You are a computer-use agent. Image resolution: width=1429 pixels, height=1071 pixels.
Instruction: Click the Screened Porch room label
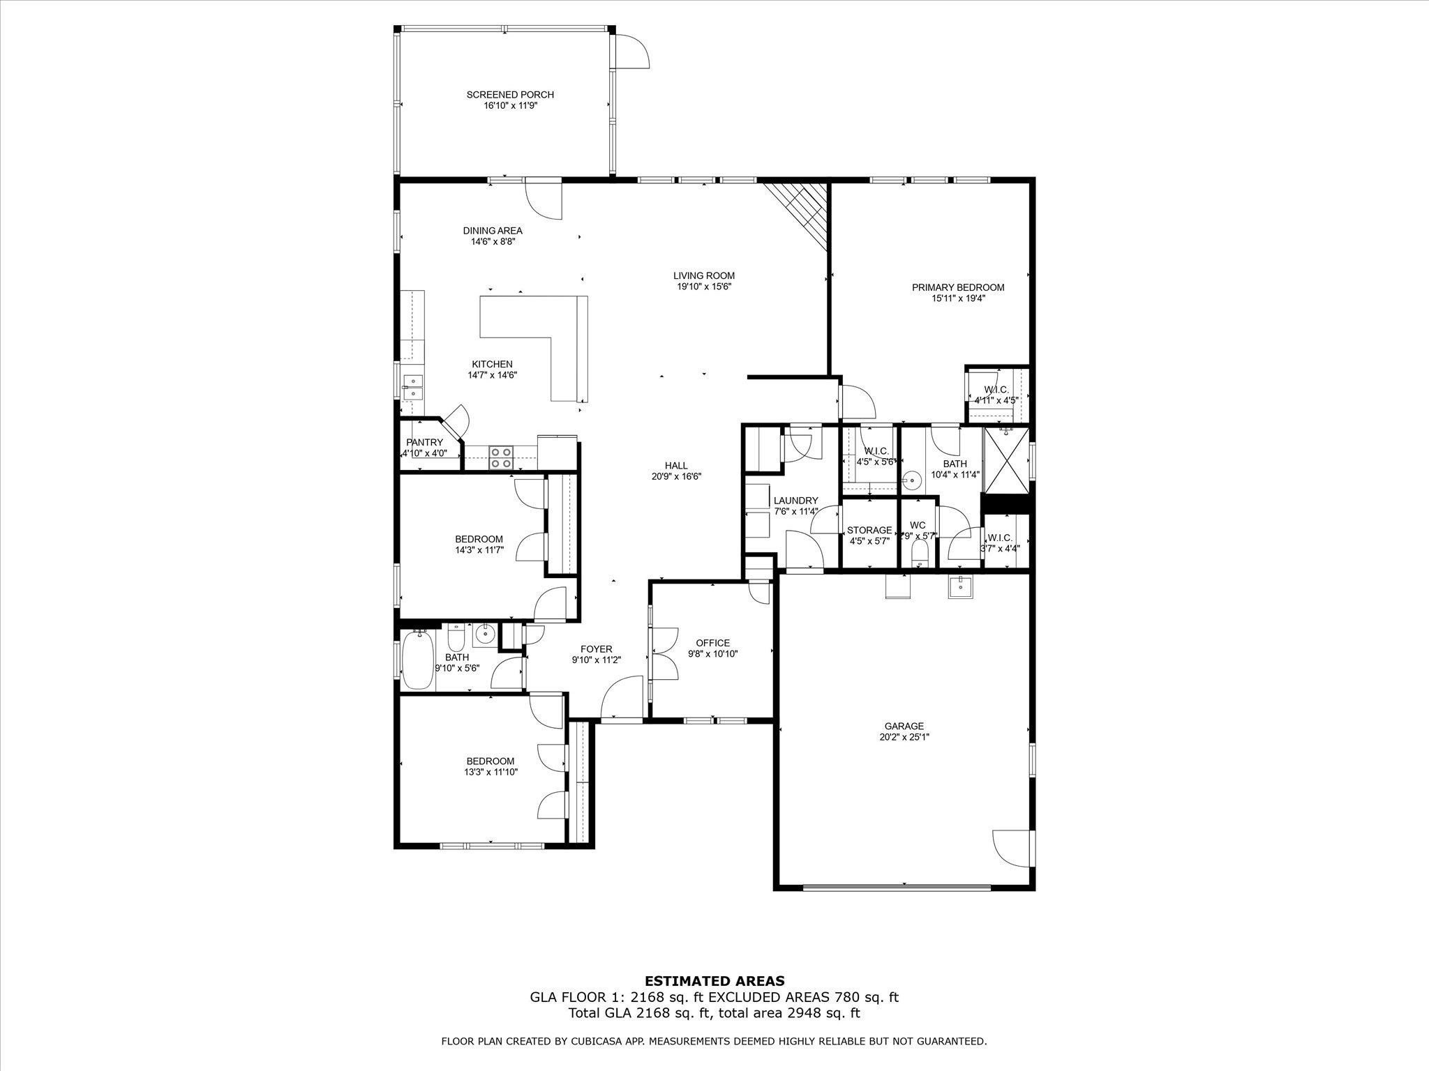pos(510,95)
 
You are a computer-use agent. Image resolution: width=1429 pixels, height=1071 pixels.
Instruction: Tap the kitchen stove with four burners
pos(501,457)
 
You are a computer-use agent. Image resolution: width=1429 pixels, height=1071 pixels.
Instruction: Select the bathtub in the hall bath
pos(417,660)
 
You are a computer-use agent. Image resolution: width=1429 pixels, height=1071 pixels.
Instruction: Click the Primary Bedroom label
pos(958,287)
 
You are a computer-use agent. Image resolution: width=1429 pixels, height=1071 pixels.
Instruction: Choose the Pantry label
pos(424,443)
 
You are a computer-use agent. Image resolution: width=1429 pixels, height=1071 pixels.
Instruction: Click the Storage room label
pos(869,531)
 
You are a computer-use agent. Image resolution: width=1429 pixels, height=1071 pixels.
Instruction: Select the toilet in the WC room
pos(920,554)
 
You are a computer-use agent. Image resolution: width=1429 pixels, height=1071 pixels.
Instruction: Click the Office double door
pos(664,653)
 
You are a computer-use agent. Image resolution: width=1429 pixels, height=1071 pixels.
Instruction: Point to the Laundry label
pos(795,501)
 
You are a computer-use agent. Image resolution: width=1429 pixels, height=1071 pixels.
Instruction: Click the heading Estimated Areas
pos(714,981)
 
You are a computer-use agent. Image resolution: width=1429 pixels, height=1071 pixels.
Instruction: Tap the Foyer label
pos(596,649)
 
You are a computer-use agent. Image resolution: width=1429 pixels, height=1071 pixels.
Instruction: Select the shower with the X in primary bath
pos(1006,461)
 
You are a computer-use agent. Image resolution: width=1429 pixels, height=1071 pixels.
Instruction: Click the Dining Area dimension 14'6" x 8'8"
pos(493,242)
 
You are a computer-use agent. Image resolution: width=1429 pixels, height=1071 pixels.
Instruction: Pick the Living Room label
pos(704,275)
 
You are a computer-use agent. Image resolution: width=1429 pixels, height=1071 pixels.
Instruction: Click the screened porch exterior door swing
pos(632,52)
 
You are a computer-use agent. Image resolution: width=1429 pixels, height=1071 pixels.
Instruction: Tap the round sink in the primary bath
pos(911,480)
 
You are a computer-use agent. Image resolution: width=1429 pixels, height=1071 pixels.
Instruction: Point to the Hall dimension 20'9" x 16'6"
pos(676,477)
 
